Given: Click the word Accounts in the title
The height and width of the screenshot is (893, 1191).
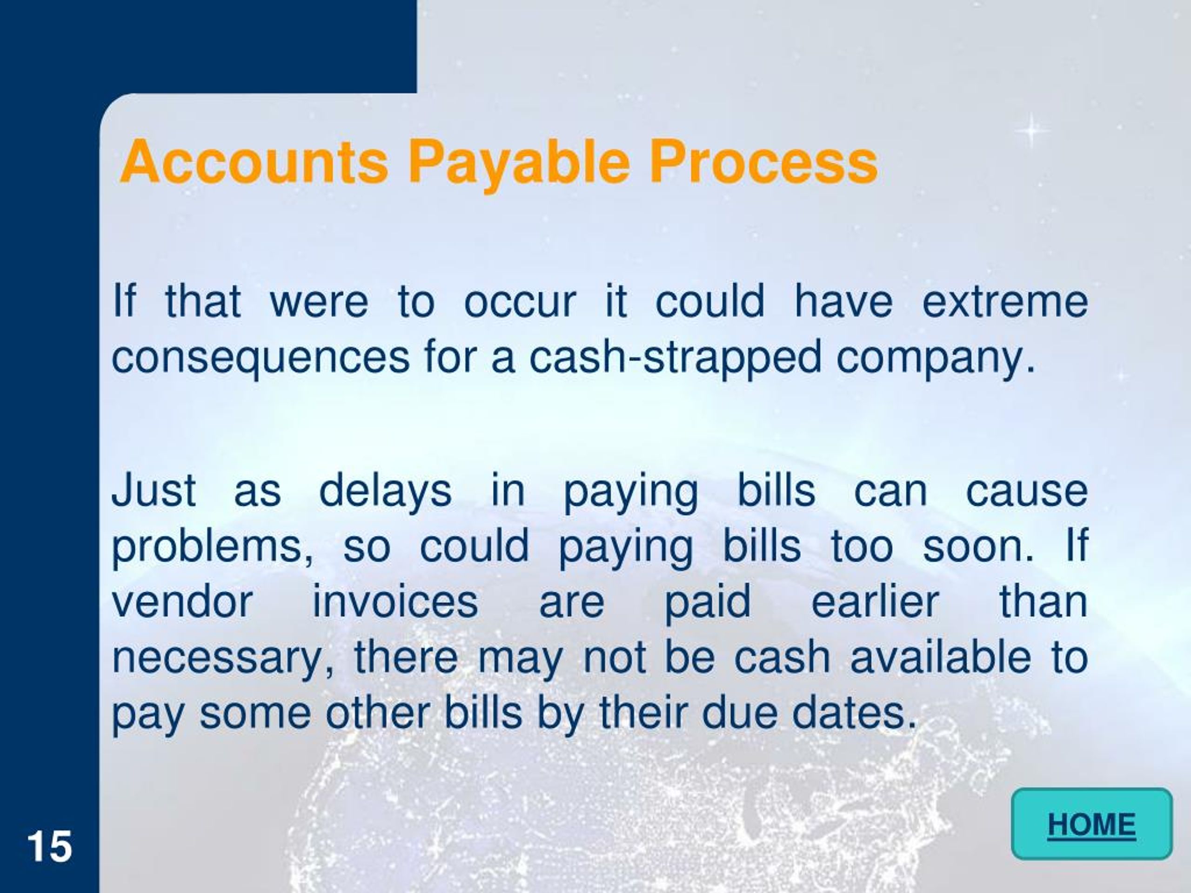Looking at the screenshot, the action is (x=254, y=161).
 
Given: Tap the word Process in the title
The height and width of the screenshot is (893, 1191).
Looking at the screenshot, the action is (x=763, y=161).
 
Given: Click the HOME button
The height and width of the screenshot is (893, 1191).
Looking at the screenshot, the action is (x=1091, y=824).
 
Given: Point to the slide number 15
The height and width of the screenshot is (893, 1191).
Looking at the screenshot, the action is (x=49, y=846).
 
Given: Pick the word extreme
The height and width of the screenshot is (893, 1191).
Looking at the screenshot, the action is (x=1005, y=301).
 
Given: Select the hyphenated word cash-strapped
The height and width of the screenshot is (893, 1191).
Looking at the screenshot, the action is (x=675, y=357).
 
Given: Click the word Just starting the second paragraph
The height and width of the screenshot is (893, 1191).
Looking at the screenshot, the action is (x=154, y=490).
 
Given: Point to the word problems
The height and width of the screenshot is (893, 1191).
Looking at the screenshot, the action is (x=212, y=547).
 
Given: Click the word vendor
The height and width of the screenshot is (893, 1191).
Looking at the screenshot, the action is (x=182, y=601).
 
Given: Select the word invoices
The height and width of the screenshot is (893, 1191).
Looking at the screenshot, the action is (x=395, y=601).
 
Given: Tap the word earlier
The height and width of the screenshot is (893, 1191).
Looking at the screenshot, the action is (x=875, y=601).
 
